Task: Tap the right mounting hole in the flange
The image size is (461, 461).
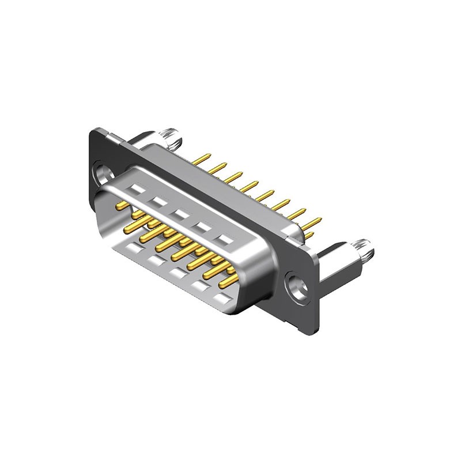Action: click(x=298, y=286)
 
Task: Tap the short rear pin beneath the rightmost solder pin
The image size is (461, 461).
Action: click(x=309, y=236)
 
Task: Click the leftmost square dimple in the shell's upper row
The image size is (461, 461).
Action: click(x=137, y=188)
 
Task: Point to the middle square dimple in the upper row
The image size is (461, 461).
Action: click(x=180, y=214)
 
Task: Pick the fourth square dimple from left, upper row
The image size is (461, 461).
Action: click(x=202, y=226)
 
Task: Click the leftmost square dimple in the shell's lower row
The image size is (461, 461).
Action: click(x=134, y=248)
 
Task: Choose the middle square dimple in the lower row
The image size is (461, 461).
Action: click(x=177, y=273)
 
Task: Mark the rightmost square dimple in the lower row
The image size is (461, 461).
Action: click(x=221, y=298)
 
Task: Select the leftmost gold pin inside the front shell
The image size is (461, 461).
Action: click(x=122, y=205)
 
